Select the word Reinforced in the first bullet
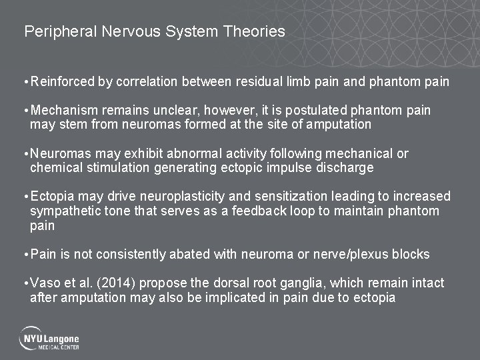(63, 82)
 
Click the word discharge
(346, 167)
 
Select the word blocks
(412, 254)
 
